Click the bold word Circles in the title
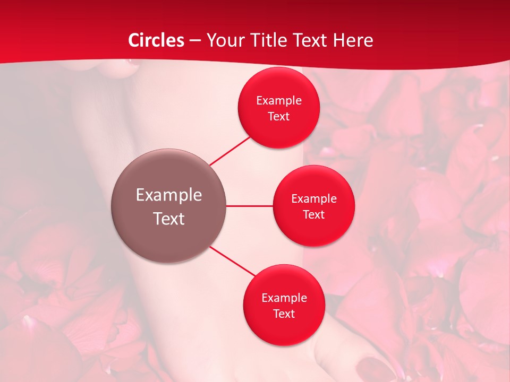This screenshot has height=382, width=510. (x=156, y=40)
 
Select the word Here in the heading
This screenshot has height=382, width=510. (x=353, y=40)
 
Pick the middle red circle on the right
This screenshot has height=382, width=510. (x=313, y=231)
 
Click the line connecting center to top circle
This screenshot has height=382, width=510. (x=229, y=151)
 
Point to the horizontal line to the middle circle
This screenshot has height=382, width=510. (x=250, y=206)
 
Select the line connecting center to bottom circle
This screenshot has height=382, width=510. (x=232, y=261)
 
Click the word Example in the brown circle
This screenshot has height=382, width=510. (x=168, y=195)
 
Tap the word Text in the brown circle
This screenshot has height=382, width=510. (x=168, y=219)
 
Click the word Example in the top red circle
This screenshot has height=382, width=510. (x=278, y=101)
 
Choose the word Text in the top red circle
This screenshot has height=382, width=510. (x=278, y=116)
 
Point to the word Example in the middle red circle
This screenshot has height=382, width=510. (x=313, y=199)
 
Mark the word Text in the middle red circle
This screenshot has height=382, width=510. (x=313, y=214)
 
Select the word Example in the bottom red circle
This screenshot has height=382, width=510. (x=284, y=298)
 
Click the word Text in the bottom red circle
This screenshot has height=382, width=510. (x=284, y=314)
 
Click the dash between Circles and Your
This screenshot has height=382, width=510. (x=195, y=41)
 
